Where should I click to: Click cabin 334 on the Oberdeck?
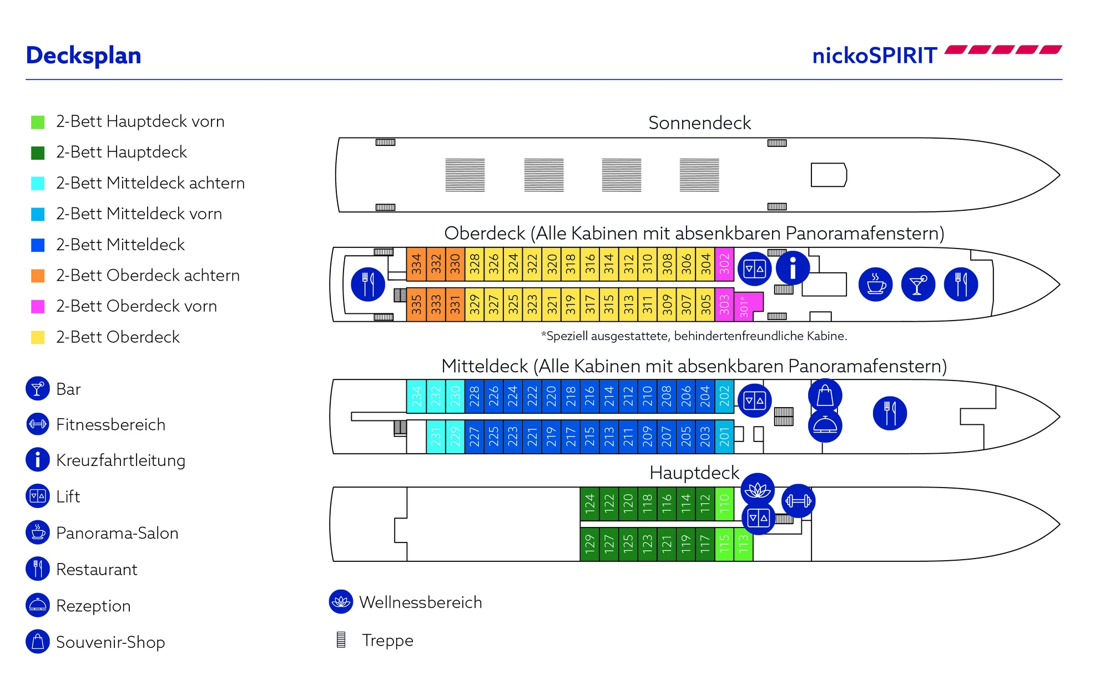point(416,264)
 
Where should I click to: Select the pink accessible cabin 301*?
point(747,306)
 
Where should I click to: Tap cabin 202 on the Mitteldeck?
point(724,397)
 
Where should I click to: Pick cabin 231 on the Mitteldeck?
point(436,437)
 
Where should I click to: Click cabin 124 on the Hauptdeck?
point(589,503)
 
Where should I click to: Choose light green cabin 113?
point(743,544)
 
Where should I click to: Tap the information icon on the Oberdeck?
point(793,268)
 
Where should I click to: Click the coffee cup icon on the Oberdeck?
point(876,285)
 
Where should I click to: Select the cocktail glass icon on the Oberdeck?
point(918,285)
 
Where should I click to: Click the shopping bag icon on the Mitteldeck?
point(825,395)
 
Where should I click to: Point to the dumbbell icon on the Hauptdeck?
point(798,501)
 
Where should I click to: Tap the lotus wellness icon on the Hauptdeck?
point(758,490)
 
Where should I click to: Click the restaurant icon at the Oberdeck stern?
point(368,285)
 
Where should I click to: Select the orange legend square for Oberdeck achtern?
point(38,276)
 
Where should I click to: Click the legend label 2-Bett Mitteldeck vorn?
point(139,214)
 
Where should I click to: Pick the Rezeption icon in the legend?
point(38,605)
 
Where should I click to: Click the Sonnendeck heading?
point(699,123)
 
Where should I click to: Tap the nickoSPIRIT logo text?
point(874,55)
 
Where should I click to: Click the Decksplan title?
point(84,55)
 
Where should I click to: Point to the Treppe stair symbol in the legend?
point(341,640)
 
